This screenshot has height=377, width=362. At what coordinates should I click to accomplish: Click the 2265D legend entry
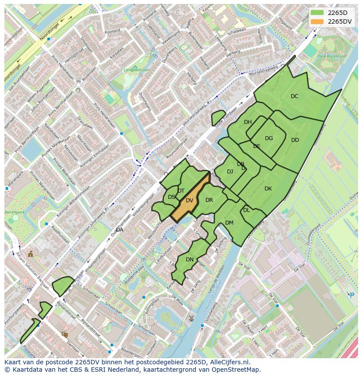pos(337,13)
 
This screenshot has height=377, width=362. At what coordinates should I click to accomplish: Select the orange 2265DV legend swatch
pos(317,21)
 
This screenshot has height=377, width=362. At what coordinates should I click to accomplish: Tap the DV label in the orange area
pos(189,201)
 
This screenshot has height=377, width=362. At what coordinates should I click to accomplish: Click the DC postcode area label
pos(295,96)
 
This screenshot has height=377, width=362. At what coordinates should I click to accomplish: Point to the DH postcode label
pos(248,122)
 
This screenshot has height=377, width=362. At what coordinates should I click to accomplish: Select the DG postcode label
pos(269,138)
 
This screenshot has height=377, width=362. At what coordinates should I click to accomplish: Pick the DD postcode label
pos(295,140)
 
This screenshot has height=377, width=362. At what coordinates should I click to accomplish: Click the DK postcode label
pos(268,189)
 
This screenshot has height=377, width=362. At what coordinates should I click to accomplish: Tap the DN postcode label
pos(190,260)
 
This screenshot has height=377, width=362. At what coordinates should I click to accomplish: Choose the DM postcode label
pos(229,223)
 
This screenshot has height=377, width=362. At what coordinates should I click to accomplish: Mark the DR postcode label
pos(209,200)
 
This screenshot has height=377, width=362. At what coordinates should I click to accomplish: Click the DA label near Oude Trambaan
pos(119,229)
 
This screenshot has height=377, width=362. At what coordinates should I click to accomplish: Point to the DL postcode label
pos(247,210)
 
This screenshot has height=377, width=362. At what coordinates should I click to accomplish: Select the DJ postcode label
pos(230,172)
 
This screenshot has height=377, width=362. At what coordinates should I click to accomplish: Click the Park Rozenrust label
pos(331,56)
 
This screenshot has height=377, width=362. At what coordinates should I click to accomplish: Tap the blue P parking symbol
pos(352,295)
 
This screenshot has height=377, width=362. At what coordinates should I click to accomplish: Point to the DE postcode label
pos(257,146)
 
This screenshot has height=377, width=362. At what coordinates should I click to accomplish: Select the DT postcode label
pos(181,191)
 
